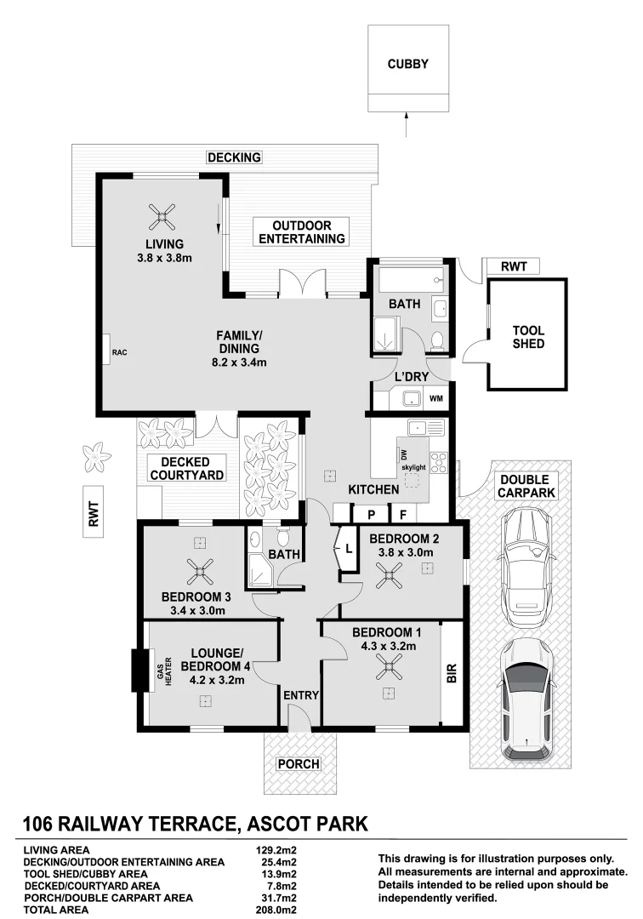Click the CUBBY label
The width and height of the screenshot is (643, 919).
(408, 64)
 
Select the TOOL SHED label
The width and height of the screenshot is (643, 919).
(528, 337)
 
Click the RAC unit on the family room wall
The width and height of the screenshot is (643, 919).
(109, 349)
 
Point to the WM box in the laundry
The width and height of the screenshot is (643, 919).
(435, 398)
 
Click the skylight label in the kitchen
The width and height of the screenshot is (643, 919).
(414, 467)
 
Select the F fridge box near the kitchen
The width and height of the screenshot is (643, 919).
(403, 514)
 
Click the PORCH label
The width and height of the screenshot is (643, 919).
(299, 764)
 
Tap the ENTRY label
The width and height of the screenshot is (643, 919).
(301, 695)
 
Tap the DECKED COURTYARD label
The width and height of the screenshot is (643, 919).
(187, 467)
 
